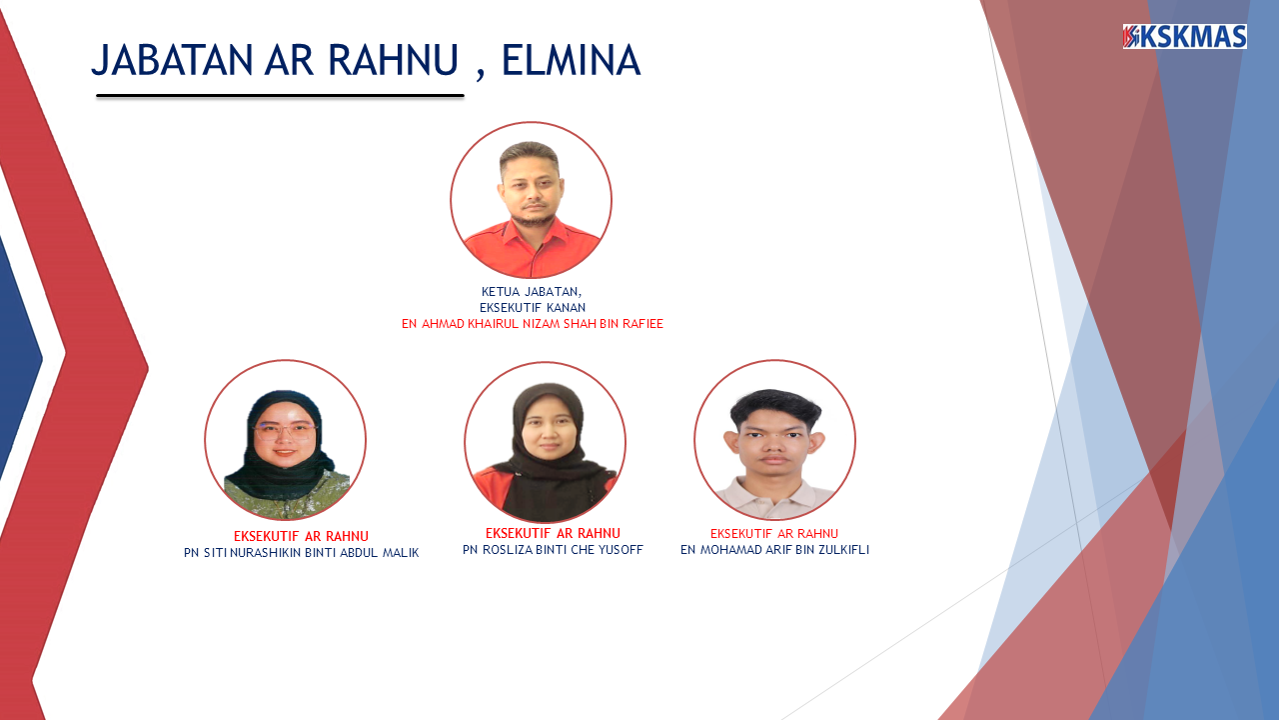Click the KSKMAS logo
(x=1184, y=37)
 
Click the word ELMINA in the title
(x=570, y=61)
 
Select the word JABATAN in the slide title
(x=173, y=61)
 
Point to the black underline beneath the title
(x=280, y=96)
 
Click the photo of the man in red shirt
(x=531, y=201)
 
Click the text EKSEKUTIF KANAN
(x=532, y=308)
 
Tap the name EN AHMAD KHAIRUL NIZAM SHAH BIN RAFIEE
(x=532, y=324)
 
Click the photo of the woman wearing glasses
(x=285, y=441)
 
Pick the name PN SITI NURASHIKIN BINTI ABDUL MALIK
(x=301, y=553)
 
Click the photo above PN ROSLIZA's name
(x=545, y=442)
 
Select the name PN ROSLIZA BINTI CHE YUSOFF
(x=553, y=550)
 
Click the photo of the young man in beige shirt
(x=774, y=441)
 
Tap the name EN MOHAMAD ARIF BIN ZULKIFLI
(x=774, y=550)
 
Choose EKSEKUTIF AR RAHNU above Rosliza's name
(x=553, y=533)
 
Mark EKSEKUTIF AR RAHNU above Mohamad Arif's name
(x=774, y=534)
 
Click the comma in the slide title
(x=480, y=73)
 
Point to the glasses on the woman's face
(x=285, y=431)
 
